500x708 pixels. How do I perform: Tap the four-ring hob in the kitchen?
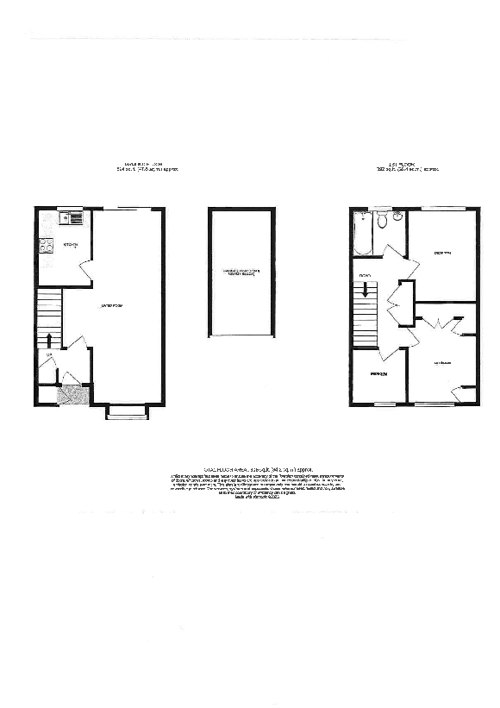tap(46, 244)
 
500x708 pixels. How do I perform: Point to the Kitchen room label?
tap(71, 246)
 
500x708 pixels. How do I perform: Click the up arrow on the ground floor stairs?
tap(49, 338)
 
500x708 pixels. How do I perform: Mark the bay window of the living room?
tap(128, 411)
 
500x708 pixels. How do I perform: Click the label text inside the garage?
tap(241, 273)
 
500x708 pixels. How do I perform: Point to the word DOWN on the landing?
tap(365, 276)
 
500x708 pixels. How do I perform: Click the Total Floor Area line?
tap(250, 467)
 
